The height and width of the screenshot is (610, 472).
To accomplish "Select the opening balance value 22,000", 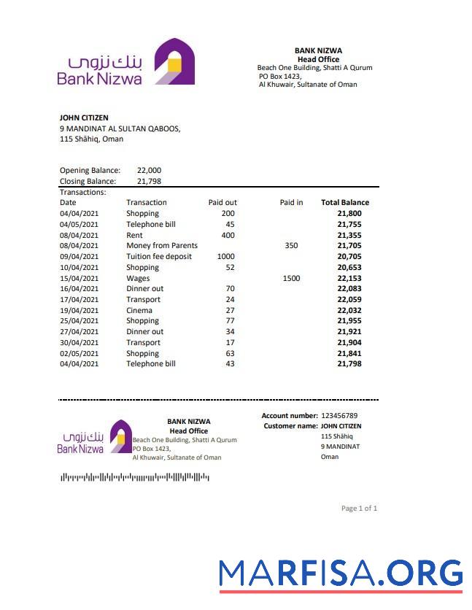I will point(149,171).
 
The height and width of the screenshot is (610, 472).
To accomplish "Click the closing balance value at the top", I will point(149,182).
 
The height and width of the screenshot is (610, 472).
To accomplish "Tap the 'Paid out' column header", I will point(223,203).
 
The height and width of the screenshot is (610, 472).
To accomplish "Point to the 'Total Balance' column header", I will point(345,203).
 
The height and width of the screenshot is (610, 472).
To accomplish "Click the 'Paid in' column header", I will point(291,203).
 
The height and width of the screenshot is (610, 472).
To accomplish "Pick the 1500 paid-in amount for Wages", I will point(291,278).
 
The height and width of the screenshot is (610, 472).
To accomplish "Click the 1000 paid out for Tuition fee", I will point(226,257).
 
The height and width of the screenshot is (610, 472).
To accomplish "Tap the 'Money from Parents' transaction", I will point(162,246).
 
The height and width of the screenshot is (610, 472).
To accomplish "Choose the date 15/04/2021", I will point(79,278).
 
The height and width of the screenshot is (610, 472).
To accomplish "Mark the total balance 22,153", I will point(349,278).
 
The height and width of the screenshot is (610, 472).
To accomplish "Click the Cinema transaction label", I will point(139,310).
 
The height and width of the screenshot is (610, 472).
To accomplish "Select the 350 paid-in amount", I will point(291,246).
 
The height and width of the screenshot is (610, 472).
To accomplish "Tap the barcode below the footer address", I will point(135,477).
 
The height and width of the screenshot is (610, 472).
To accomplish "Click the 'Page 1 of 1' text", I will point(359,509).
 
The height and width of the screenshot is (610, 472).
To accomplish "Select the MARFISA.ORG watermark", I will point(341,574).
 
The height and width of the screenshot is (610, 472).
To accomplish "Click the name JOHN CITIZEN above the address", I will point(84,117).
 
